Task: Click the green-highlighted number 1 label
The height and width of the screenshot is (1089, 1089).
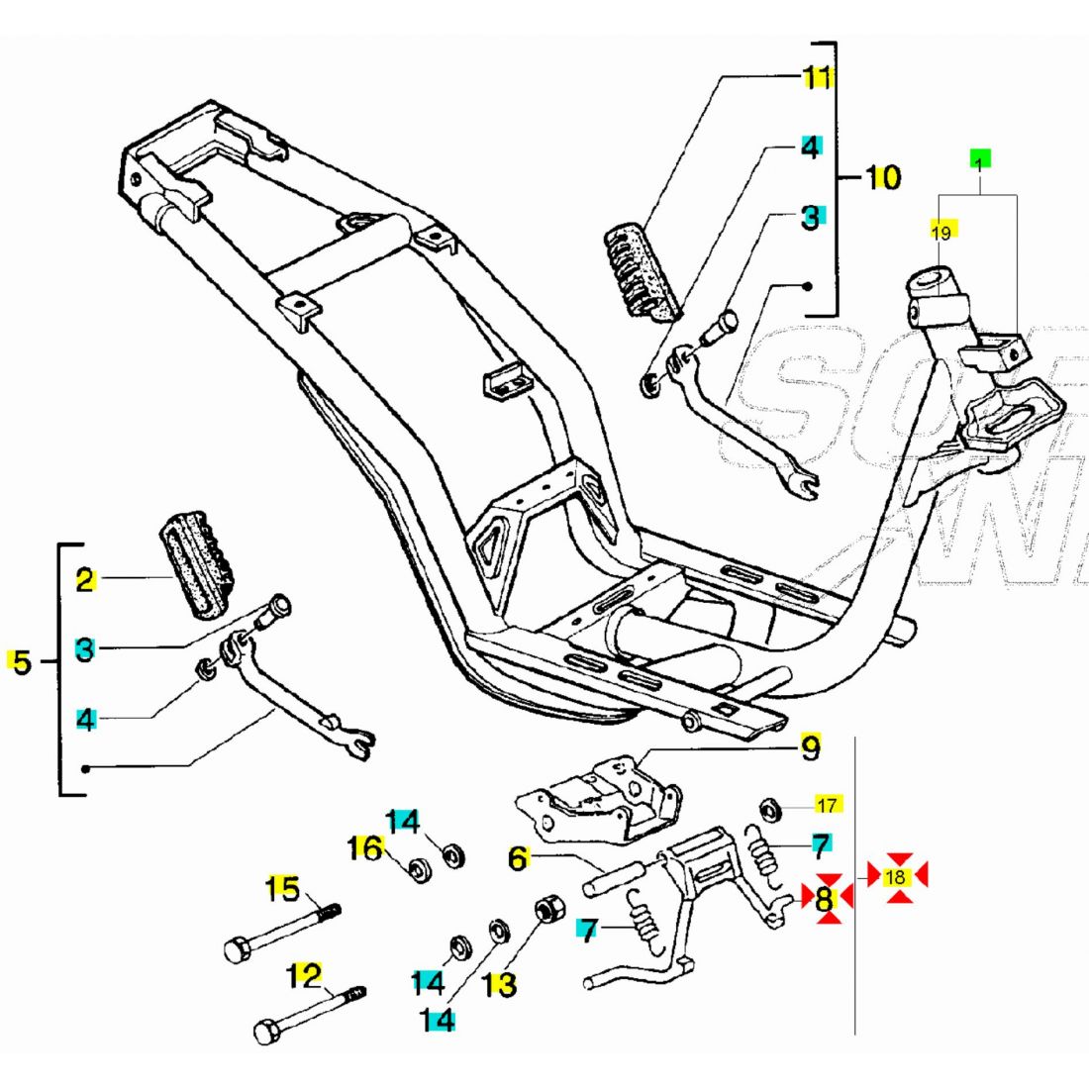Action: point(979,159)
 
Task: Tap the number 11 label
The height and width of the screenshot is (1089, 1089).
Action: point(818,76)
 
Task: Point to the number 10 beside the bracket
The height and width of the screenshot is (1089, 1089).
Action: point(883,178)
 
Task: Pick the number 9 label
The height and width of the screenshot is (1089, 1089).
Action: point(810,749)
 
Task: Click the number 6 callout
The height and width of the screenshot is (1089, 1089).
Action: point(518,859)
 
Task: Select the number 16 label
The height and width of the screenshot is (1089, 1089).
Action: point(365,848)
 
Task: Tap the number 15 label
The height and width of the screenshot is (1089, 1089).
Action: point(284,889)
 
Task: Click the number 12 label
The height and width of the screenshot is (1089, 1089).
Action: point(305,976)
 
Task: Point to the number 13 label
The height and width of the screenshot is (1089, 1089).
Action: point(501,985)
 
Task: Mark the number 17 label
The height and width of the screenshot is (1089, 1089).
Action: point(828,804)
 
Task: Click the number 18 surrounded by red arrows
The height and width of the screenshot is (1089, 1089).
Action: point(896,877)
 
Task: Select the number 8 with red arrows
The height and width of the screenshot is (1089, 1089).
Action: point(825,899)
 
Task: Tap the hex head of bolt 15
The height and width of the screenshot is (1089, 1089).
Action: point(235,950)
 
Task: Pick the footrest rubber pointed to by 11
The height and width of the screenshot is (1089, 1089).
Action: point(644,272)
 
